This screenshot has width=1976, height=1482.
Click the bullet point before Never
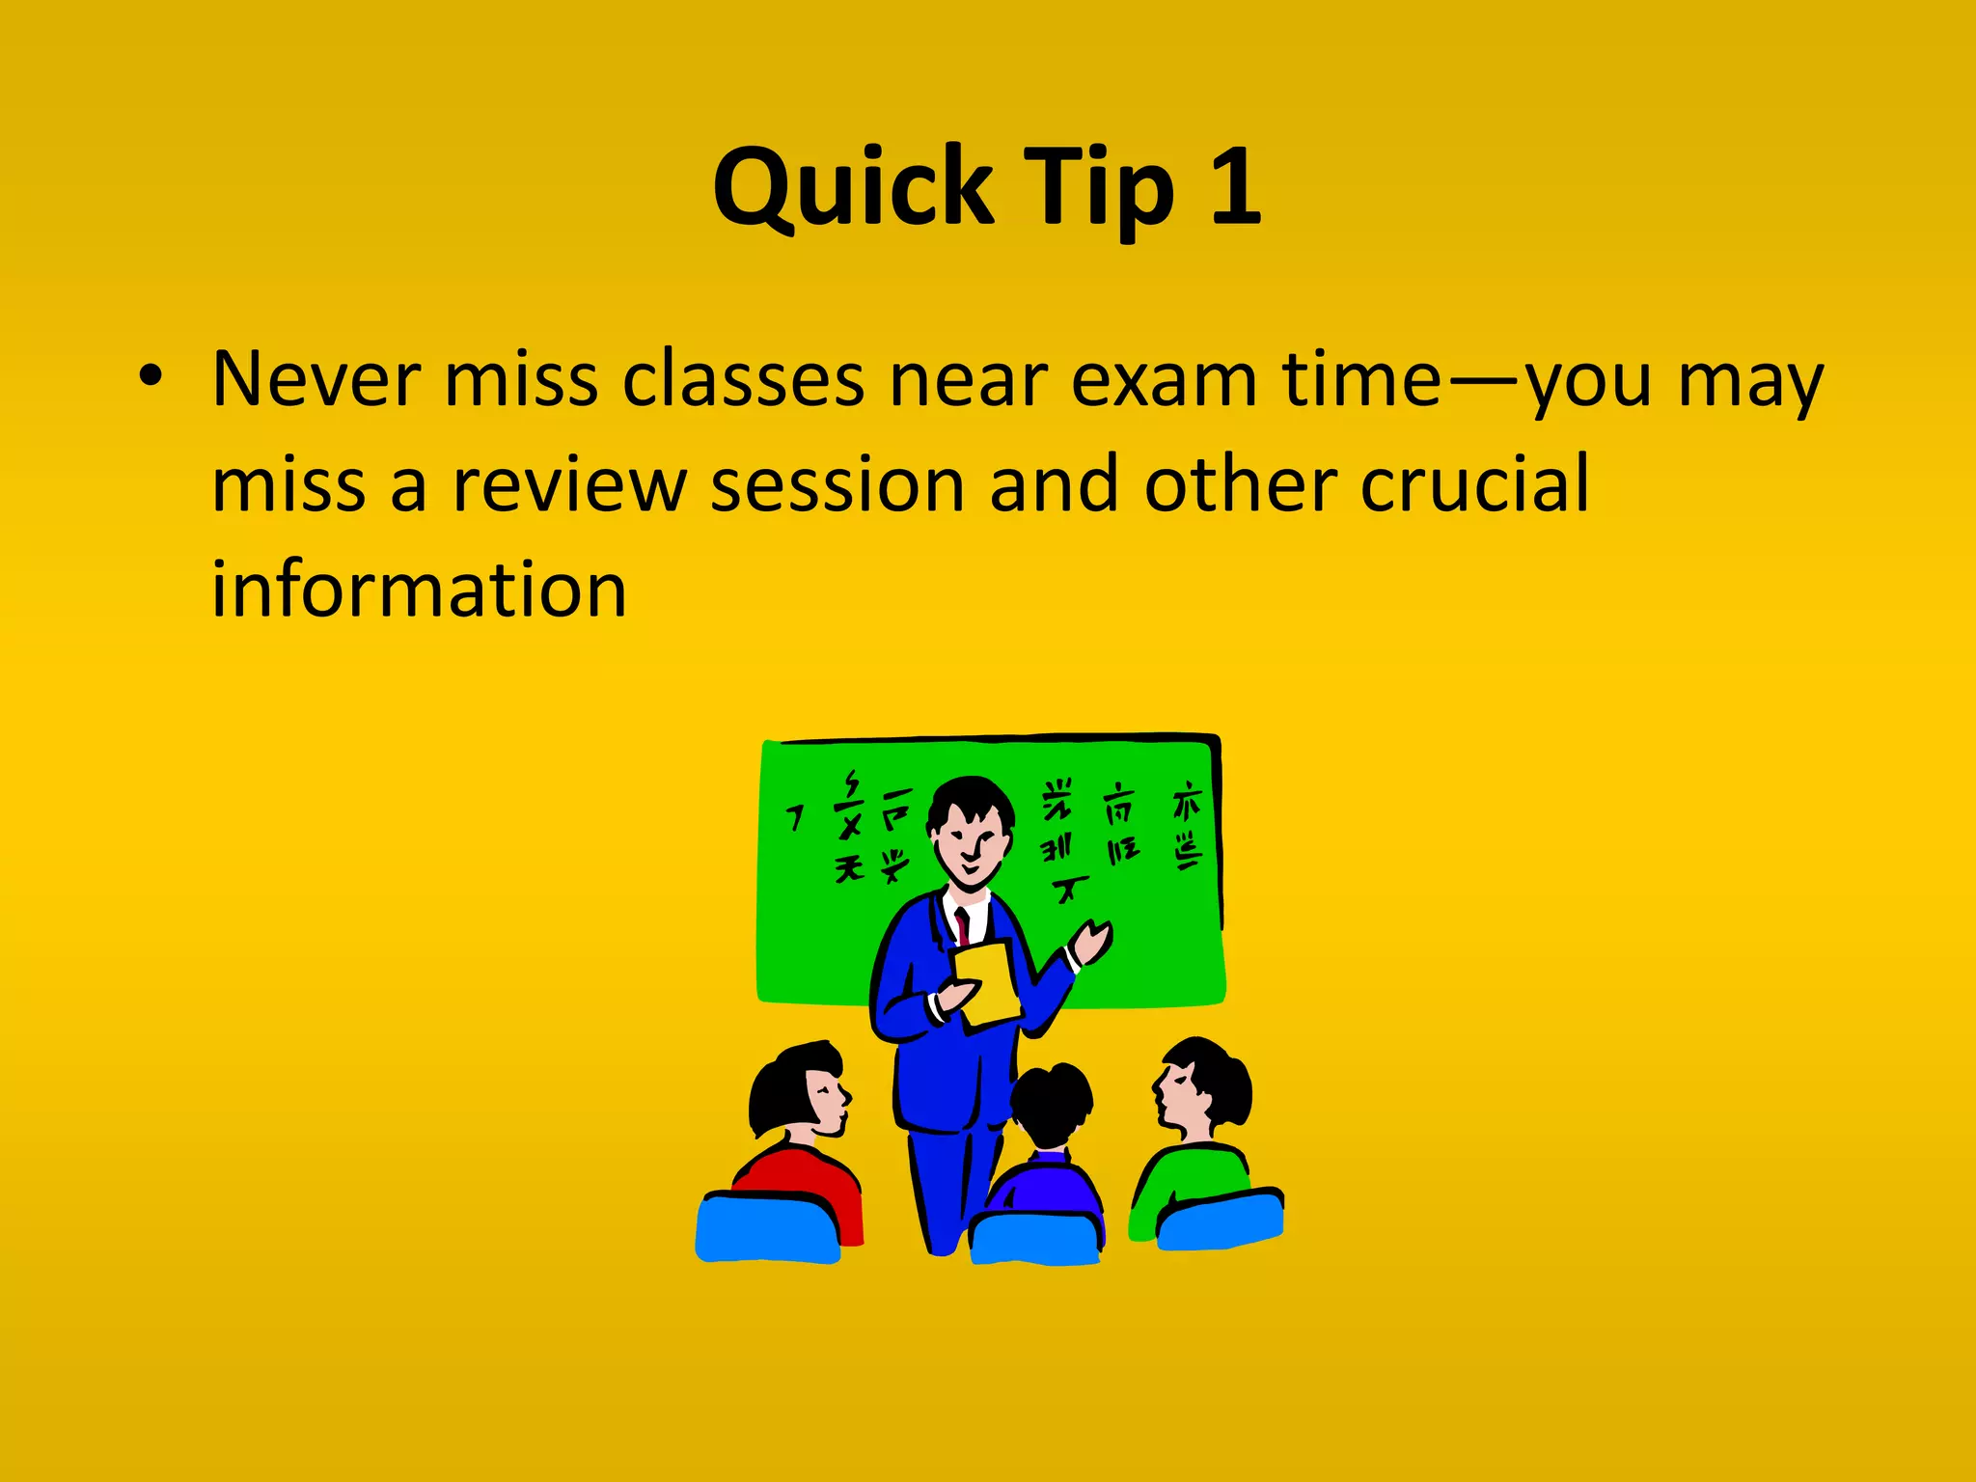coord(151,377)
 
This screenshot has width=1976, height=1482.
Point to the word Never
coord(316,379)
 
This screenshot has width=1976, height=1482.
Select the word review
coord(569,485)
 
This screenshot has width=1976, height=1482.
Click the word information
coord(419,590)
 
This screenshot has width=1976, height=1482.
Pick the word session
coord(837,485)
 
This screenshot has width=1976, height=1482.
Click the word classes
coord(743,379)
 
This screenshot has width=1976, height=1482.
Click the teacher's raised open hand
coord(1092,940)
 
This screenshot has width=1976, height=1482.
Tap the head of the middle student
coord(1052,1105)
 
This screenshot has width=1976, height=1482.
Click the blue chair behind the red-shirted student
coord(767,1227)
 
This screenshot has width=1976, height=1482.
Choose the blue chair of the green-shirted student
coord(1221,1221)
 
